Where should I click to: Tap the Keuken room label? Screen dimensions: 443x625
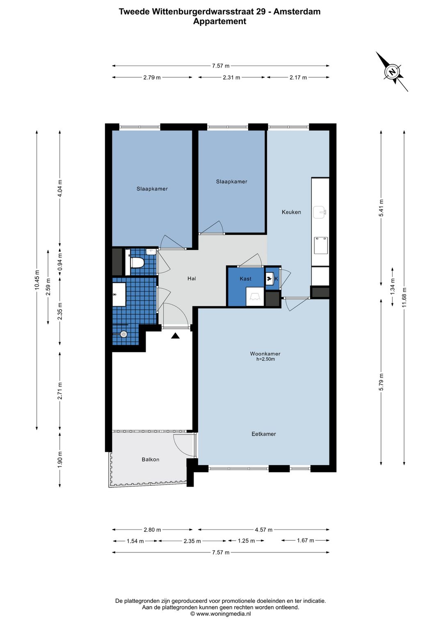pyautogui.click(x=291, y=212)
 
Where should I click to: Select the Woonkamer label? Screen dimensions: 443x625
pyautogui.click(x=265, y=353)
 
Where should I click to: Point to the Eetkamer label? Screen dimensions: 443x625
pyautogui.click(x=264, y=434)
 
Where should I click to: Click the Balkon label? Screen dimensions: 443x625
pyautogui.click(x=151, y=459)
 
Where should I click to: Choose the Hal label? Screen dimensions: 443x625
pyautogui.click(x=192, y=279)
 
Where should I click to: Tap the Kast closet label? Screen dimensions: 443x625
pyautogui.click(x=245, y=279)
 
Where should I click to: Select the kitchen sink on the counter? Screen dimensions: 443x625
pyautogui.click(x=319, y=212)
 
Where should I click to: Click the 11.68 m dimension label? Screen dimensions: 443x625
pyautogui.click(x=404, y=297)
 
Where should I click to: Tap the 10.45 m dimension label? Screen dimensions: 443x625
pyautogui.click(x=37, y=280)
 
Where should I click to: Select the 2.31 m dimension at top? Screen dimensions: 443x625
pyautogui.click(x=231, y=77)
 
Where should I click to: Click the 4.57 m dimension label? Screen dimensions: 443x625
pyautogui.click(x=263, y=530)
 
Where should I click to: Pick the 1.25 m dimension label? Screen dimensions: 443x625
pyautogui.click(x=246, y=541)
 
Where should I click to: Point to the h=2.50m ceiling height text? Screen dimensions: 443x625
pyautogui.click(x=265, y=359)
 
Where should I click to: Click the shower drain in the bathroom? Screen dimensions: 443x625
pyautogui.click(x=123, y=334)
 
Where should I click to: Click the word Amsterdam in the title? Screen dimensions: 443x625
pyautogui.click(x=297, y=12)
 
